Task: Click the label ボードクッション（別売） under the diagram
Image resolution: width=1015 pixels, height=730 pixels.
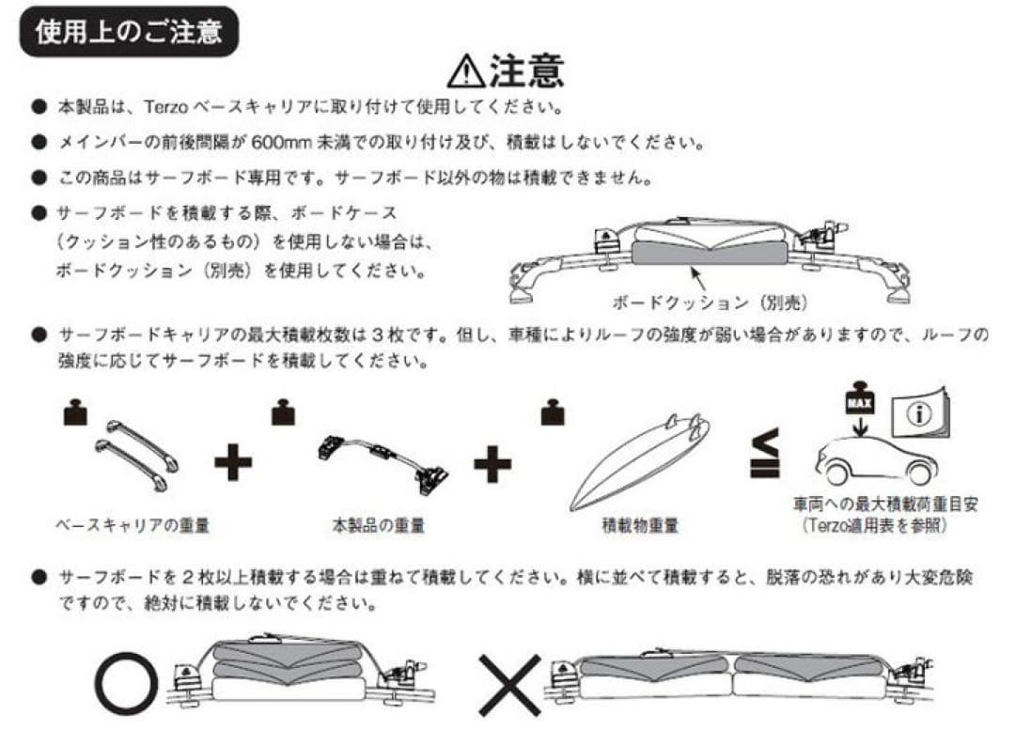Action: (x=710, y=303)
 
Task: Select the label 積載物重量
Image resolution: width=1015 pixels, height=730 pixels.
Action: (x=640, y=525)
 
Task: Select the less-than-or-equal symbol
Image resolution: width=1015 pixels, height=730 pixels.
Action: (x=764, y=453)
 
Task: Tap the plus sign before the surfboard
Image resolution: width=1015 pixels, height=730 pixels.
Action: (x=492, y=462)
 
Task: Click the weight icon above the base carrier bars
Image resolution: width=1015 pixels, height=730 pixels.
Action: (x=75, y=413)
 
